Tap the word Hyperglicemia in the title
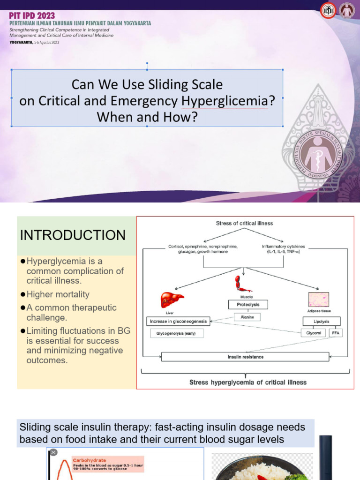(224, 101)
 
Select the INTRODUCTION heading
(73, 235)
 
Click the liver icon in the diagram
(172, 300)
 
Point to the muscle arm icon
(243, 284)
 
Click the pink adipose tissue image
(318, 299)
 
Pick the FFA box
(335, 333)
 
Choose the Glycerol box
(314, 333)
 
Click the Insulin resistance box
(245, 357)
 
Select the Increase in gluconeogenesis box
(178, 322)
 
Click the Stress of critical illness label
(244, 223)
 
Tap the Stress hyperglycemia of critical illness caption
(247, 382)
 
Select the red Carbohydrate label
(89, 460)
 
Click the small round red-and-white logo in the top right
(328, 11)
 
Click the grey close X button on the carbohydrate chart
(53, 452)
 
